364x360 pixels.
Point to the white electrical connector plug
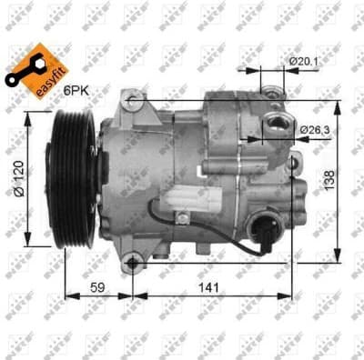pos(192,196)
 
